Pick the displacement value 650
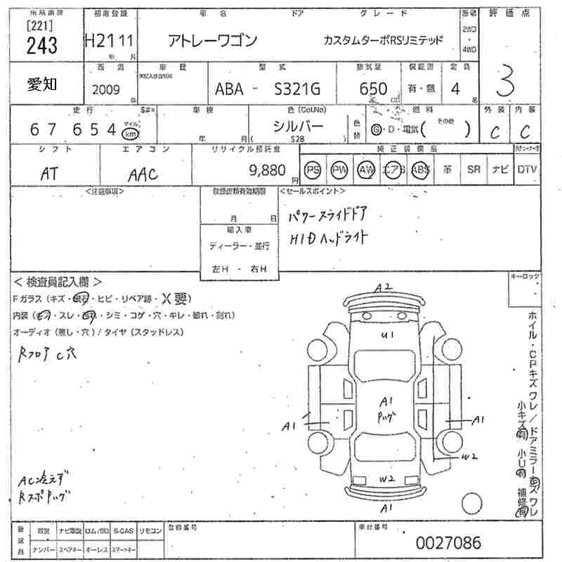click(373, 89)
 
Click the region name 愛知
click(43, 84)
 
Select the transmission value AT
click(49, 173)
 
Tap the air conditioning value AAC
click(143, 174)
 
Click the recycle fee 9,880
click(267, 170)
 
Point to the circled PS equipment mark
click(313, 170)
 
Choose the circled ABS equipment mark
click(420, 170)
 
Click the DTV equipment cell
click(527, 170)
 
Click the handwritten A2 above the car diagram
click(383, 287)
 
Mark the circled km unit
click(130, 133)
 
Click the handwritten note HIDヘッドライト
click(329, 238)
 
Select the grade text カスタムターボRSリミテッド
click(384, 40)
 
